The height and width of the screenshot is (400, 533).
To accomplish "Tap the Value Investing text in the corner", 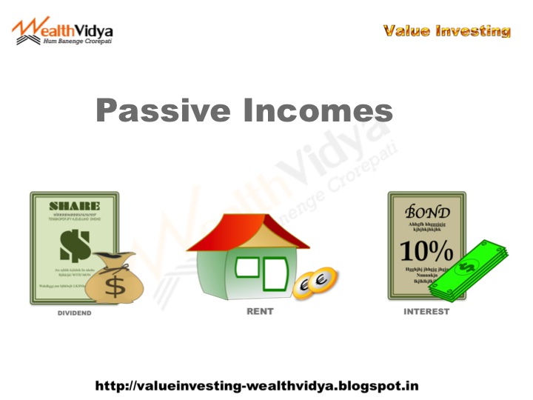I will pos(447,31).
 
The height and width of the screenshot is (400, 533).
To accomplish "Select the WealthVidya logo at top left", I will pos(63,30).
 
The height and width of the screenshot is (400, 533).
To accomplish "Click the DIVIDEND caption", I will pos(75,313).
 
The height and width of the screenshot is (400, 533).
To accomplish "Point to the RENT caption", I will pos(260,312).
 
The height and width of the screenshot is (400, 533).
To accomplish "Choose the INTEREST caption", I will pos(426,312).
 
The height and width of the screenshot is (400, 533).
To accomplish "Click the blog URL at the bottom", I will pos(257,386).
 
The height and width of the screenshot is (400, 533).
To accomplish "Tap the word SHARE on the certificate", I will pos(74,205).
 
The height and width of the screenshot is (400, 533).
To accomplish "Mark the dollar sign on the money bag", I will pos(114,285).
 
